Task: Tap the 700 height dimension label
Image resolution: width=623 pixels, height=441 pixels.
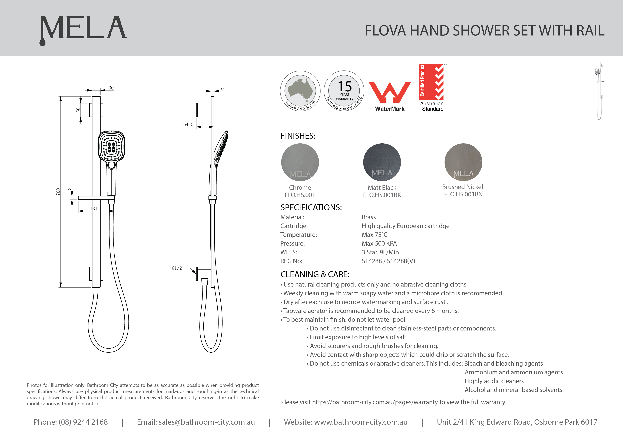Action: tap(58, 192)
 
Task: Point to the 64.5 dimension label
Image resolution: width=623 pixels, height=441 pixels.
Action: tap(188, 124)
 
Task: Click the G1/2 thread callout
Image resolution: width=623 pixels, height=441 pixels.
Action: tap(177, 268)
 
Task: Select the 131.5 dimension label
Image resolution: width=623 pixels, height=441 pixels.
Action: tap(96, 209)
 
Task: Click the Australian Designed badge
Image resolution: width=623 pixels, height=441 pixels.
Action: tap(300, 91)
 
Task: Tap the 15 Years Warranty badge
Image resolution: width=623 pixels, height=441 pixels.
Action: tap(344, 91)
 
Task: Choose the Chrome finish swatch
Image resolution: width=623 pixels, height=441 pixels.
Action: tap(300, 162)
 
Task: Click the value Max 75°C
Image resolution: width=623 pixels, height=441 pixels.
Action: tap(375, 235)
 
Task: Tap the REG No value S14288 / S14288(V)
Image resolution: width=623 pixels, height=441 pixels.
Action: tap(388, 261)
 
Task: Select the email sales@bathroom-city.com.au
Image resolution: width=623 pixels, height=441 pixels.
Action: tap(207, 422)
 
